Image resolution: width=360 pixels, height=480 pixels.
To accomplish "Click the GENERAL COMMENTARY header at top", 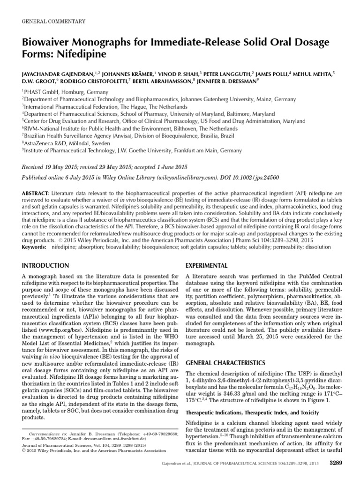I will point(53,21).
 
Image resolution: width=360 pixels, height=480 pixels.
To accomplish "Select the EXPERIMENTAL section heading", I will point(208,265).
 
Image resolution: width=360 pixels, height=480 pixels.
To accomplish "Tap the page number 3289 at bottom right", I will point(329,464).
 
